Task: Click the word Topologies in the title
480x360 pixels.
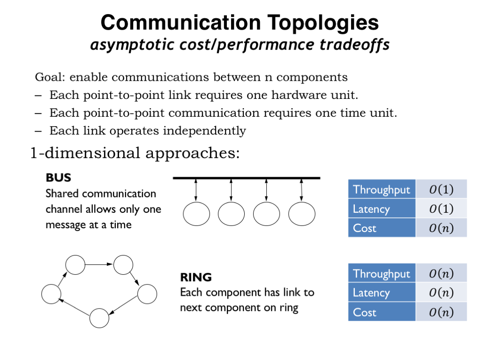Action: (x=323, y=23)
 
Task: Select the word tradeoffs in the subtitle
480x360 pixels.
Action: (x=354, y=45)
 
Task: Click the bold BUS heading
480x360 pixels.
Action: (x=58, y=178)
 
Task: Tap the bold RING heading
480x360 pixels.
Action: (x=196, y=277)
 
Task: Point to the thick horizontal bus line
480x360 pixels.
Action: (x=247, y=178)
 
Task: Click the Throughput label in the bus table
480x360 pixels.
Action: (x=381, y=189)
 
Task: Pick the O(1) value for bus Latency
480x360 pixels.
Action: (x=441, y=209)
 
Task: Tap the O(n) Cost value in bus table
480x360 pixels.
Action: (x=441, y=228)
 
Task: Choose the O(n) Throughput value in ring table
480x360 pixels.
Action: (x=441, y=273)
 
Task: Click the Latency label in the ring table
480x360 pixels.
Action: (x=371, y=293)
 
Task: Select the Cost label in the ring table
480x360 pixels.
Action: (x=364, y=313)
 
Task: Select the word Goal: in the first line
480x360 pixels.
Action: (x=50, y=77)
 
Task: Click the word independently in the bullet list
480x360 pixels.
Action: (x=204, y=131)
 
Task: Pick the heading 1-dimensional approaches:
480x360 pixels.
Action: (x=135, y=153)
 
